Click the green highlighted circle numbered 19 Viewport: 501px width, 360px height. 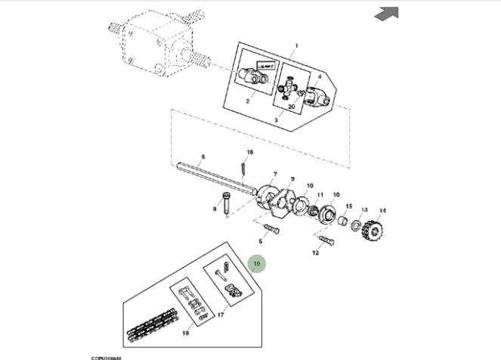tap(257, 264)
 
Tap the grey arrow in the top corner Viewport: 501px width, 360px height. tap(386, 13)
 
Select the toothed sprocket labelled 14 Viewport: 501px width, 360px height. tap(375, 229)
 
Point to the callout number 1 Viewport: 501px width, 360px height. tap(296, 45)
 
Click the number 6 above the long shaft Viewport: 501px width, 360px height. tap(203, 157)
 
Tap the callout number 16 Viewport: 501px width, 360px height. tap(250, 153)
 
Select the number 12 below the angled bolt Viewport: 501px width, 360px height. tap(316, 253)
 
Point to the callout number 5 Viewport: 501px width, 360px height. tap(260, 241)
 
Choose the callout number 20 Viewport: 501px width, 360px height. tap(292, 107)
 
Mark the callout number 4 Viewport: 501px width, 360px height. tap(319, 76)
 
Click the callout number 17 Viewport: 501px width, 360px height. tap(221, 315)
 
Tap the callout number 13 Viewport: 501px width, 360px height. tap(364, 210)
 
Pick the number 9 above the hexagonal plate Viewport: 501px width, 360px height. tap(292, 178)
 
